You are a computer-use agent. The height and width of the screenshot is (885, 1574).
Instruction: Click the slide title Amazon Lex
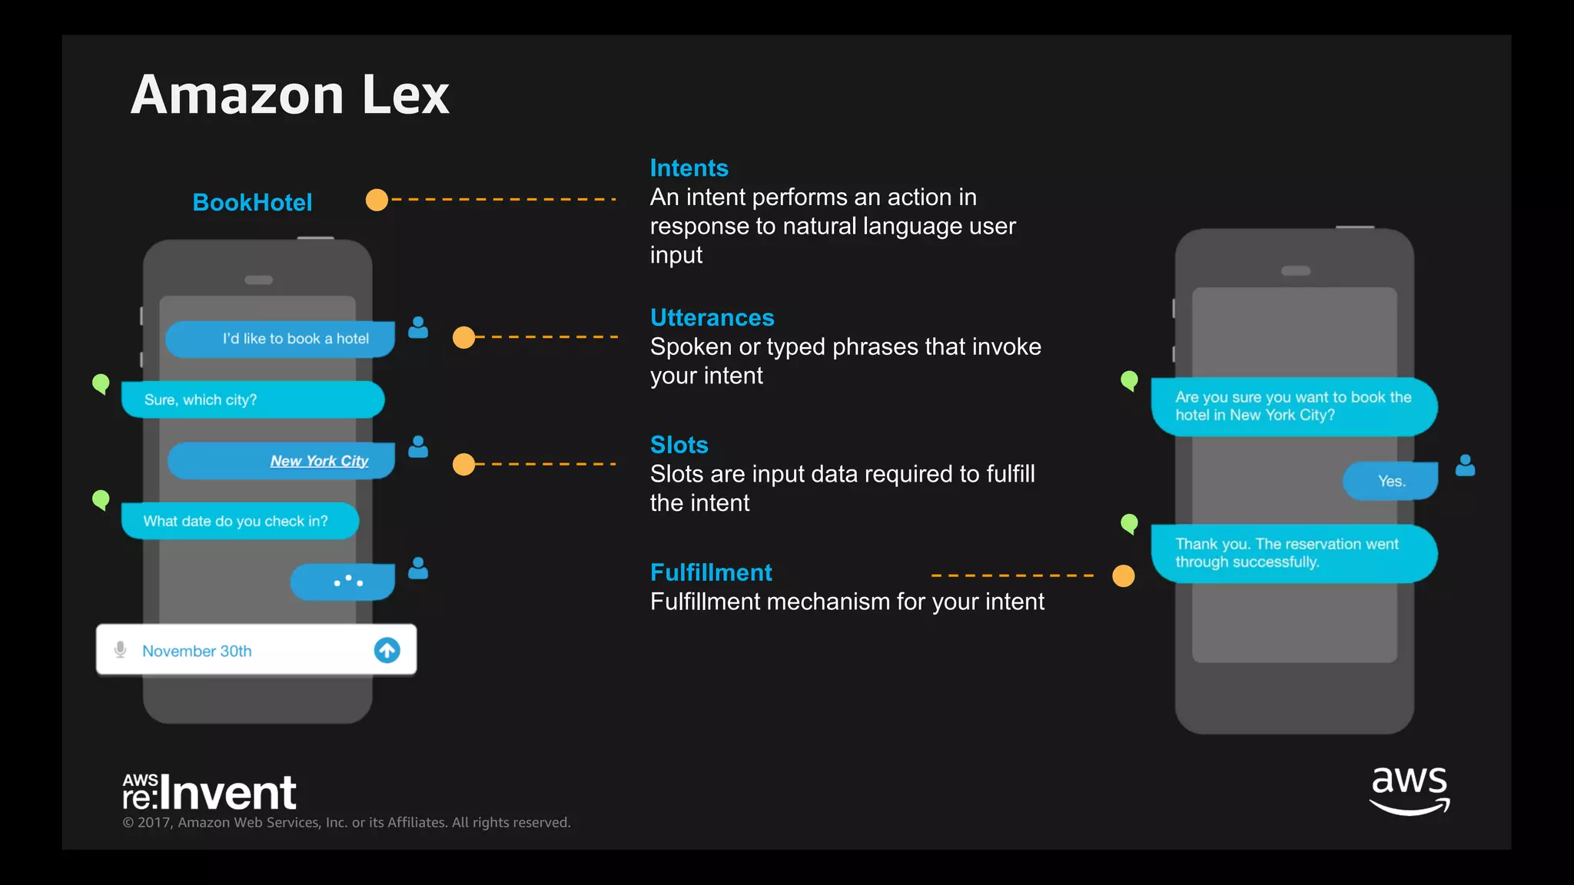point(290,95)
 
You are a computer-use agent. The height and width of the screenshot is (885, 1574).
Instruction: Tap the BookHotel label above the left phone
point(252,202)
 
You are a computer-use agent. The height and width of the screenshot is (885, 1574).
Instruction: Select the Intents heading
point(689,168)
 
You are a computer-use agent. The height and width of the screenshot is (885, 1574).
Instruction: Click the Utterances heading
point(712,317)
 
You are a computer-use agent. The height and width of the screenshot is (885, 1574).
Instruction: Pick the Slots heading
point(679,445)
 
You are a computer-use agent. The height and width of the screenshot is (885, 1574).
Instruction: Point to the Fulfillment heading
point(711,572)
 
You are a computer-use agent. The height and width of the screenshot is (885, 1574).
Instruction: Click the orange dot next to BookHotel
point(377,200)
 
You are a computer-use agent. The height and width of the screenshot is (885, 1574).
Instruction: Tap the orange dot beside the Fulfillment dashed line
point(1123,575)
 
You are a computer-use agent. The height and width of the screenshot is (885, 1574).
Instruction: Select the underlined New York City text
point(319,461)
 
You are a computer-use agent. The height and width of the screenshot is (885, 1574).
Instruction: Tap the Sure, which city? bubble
point(252,399)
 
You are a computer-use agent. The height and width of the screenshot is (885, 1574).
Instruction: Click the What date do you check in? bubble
point(239,521)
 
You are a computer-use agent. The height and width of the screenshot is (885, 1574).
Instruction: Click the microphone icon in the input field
point(120,650)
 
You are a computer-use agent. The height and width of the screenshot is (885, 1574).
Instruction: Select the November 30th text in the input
point(197,651)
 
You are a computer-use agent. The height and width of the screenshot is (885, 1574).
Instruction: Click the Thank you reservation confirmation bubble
point(1293,553)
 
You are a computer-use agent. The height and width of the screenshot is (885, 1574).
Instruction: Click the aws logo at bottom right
point(1409,790)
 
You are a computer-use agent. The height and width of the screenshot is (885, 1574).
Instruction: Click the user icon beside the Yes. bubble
point(1465,465)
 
